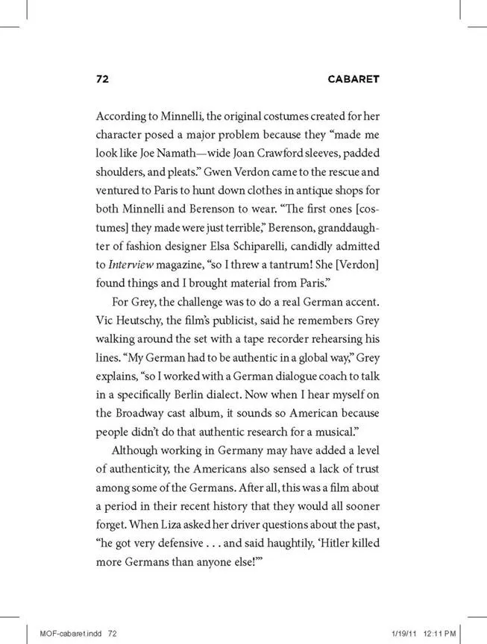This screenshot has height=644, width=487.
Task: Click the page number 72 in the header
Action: [x=104, y=79]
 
